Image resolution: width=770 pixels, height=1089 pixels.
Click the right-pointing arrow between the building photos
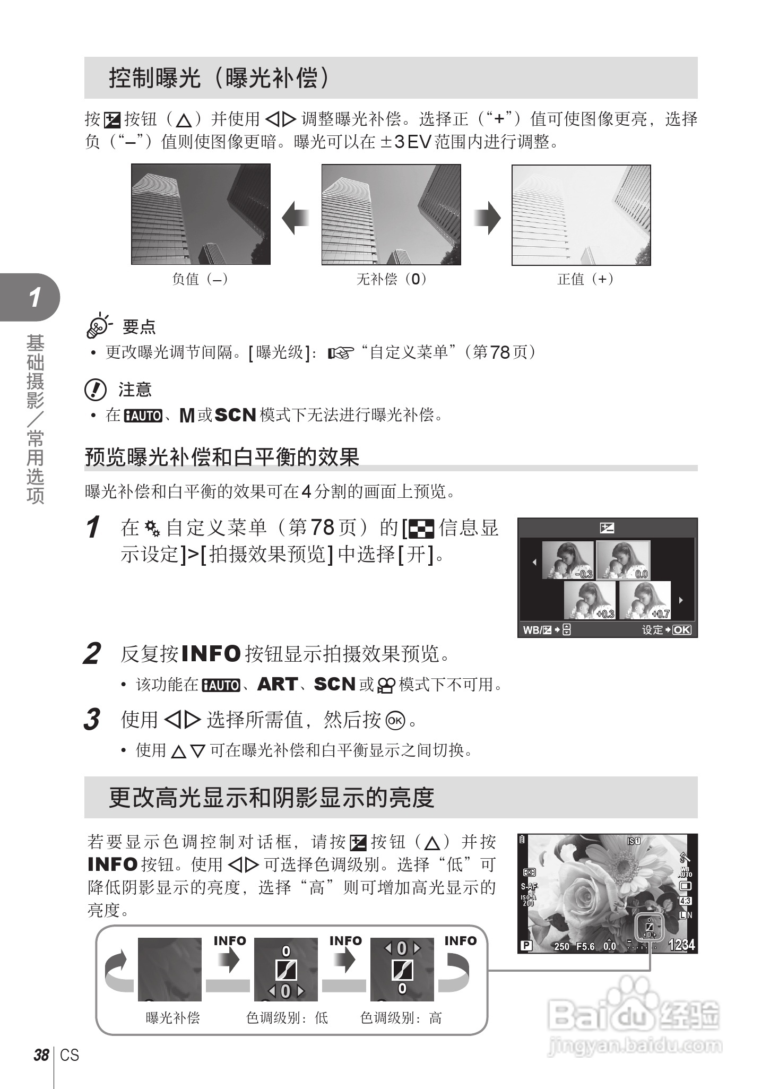[487, 218]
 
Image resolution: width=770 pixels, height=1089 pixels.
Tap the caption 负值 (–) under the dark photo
[201, 279]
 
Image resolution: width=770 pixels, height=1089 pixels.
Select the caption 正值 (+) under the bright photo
[586, 279]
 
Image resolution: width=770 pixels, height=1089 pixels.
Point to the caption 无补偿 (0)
[392, 279]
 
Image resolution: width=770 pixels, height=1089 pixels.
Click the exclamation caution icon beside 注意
[96, 390]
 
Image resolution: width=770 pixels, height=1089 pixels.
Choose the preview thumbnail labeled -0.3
[568, 560]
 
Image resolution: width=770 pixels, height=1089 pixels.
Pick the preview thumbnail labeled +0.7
[645, 600]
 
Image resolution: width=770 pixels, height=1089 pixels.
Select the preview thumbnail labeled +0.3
[590, 600]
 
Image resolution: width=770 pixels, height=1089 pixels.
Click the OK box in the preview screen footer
[682, 630]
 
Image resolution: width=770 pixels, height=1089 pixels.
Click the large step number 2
[92, 654]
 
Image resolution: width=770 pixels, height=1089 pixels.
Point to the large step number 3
[92, 720]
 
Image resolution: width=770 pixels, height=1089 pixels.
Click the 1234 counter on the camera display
[681, 945]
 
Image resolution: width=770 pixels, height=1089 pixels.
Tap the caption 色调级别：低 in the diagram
[287, 1018]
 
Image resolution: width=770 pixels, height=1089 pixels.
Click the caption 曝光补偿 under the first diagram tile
[173, 1018]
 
